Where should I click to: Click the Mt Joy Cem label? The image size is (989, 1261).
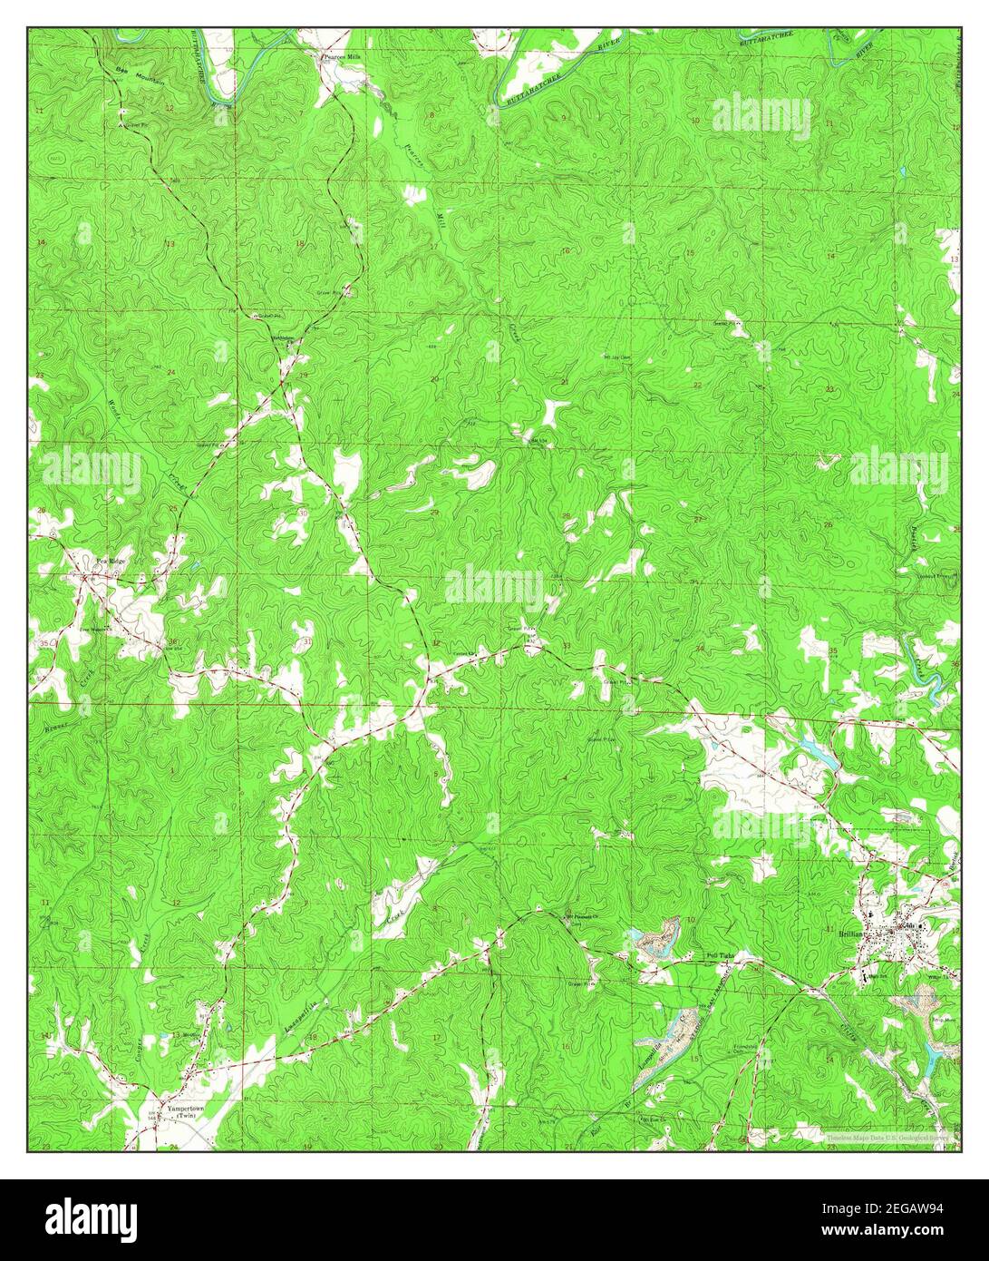point(616,357)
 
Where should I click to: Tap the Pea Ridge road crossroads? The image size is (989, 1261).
point(84,577)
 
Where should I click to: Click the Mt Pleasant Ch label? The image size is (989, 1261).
point(585,917)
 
